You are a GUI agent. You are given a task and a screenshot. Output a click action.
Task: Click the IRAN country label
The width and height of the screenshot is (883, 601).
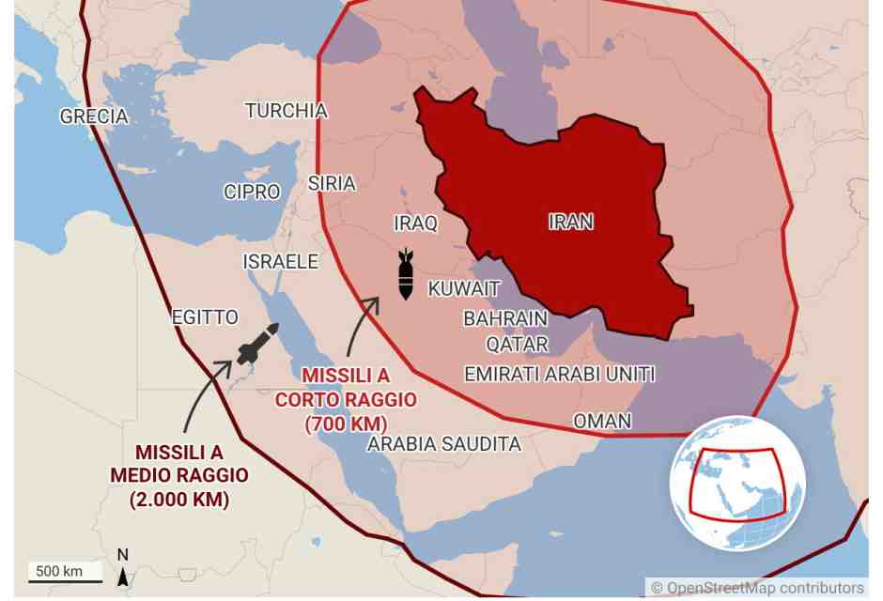571,223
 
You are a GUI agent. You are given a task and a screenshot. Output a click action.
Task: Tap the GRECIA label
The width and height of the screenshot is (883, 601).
94,116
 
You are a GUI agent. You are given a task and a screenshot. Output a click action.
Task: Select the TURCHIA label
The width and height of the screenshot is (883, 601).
287,111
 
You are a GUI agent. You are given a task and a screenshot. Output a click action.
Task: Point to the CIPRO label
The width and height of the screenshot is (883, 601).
252,192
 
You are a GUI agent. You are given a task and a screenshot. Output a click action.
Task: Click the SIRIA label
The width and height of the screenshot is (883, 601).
333,184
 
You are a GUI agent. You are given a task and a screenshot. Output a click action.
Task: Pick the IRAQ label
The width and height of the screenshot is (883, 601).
415,223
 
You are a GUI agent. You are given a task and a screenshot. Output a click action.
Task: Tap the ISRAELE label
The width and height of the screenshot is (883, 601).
281,262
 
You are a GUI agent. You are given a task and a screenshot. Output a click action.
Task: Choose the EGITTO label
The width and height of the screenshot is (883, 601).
205,317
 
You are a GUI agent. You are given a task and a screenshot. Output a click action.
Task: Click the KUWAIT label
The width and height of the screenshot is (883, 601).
464,288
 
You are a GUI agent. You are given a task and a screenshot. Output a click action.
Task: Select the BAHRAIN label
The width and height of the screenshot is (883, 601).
505,318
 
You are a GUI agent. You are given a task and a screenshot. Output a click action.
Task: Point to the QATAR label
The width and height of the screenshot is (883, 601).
517,344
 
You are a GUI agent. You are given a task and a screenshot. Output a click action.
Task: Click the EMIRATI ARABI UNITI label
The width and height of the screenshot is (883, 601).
560,374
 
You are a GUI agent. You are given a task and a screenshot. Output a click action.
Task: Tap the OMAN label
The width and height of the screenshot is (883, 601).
602,422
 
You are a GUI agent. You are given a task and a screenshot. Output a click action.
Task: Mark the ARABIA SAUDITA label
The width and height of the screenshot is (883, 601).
443,444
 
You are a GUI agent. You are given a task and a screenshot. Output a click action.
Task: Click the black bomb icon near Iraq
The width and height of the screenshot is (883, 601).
405,273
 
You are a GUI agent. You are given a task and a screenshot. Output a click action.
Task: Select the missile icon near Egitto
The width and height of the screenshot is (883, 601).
257,344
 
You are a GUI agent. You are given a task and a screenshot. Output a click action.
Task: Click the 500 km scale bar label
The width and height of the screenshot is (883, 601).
59,571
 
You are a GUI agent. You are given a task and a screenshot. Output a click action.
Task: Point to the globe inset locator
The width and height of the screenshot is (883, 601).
736,483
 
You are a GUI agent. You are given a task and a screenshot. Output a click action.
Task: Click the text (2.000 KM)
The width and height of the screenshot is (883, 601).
178,499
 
